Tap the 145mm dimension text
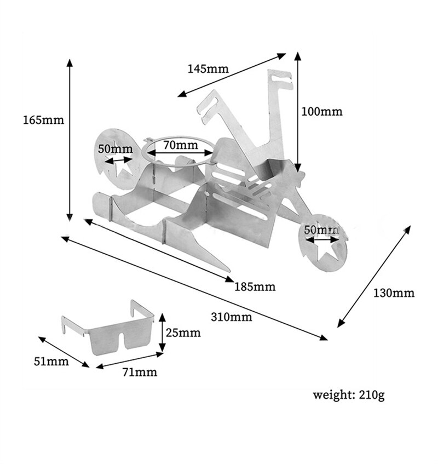click(208, 69)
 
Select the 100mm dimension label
click(322, 112)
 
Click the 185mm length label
click(255, 287)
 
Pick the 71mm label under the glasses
click(140, 373)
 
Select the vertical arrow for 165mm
click(70, 140)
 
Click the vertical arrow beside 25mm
click(162, 333)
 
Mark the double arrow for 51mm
click(63, 351)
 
